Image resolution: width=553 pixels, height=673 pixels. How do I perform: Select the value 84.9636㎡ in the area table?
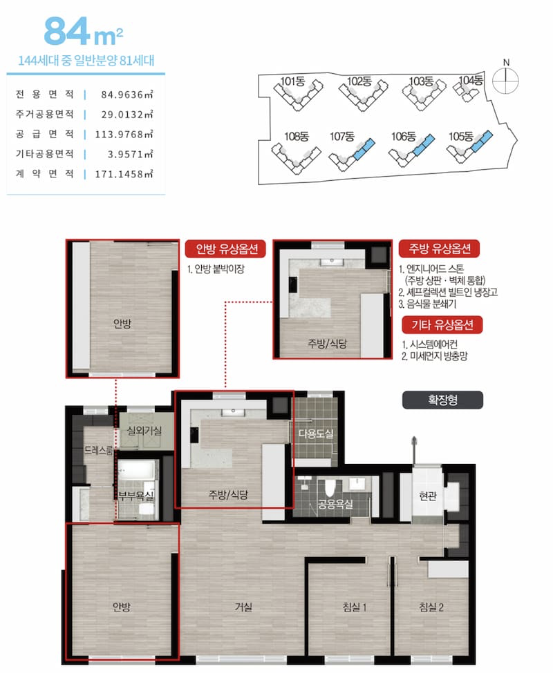coord(126,95)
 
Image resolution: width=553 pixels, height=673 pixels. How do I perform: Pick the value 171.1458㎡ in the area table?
coord(124,174)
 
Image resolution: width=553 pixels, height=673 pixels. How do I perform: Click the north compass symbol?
coord(506,80)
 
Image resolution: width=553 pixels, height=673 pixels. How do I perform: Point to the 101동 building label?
coord(292,81)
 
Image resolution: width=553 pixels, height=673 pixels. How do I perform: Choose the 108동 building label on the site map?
coord(297,137)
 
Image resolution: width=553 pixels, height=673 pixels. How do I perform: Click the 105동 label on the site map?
coord(461,137)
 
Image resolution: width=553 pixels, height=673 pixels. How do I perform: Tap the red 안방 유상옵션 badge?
coord(225,249)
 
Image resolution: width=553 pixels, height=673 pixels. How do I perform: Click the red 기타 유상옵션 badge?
coord(442,325)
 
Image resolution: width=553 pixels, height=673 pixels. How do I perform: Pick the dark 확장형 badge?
coord(442,400)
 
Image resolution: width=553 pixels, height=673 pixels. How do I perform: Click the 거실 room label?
coord(243,607)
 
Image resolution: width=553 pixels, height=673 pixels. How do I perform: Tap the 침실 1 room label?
coord(354,607)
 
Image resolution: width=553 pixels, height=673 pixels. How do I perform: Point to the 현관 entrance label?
coord(427,496)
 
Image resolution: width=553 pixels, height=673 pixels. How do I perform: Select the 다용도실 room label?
coord(316,434)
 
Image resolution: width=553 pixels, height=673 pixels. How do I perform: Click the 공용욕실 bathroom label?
coord(335,504)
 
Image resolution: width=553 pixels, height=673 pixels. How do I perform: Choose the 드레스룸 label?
coord(98,450)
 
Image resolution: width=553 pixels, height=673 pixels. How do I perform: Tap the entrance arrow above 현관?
coord(414,449)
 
